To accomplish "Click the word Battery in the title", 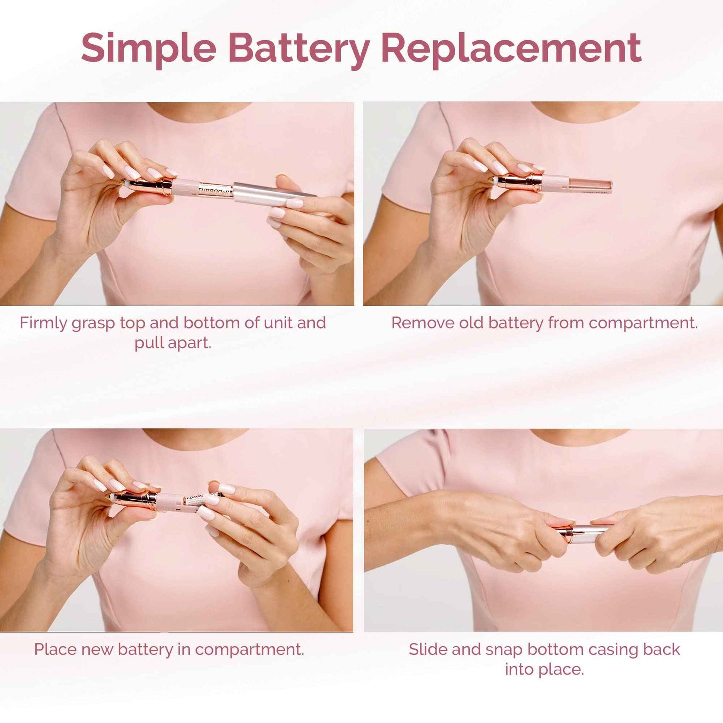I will (x=298, y=49).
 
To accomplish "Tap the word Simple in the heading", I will (x=148, y=49).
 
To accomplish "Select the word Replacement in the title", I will (x=511, y=49).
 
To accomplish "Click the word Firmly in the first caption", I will (x=43, y=323).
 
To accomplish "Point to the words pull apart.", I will (x=173, y=343).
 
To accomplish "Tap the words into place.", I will (x=544, y=669).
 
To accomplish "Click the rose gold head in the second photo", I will (x=520, y=181).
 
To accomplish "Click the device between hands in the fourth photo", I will (x=583, y=532).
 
